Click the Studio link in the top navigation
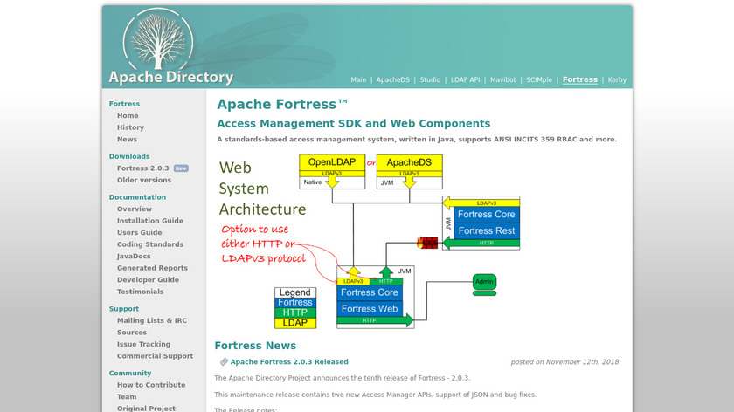point(430,79)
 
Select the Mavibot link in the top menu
point(502,79)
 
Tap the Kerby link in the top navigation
point(617,79)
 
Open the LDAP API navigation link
point(465,79)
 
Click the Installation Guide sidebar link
point(150,221)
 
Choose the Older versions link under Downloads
point(144,180)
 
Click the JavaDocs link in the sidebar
point(134,256)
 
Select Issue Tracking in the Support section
point(143,344)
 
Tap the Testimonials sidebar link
point(140,292)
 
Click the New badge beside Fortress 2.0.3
point(181,168)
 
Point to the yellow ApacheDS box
point(409,162)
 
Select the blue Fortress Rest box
point(487,230)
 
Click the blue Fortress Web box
point(370,308)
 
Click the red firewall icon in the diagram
point(428,243)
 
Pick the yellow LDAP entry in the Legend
point(295,323)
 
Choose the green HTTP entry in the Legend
point(295,312)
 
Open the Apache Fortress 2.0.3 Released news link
point(289,361)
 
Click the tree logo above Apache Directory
point(157,39)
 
